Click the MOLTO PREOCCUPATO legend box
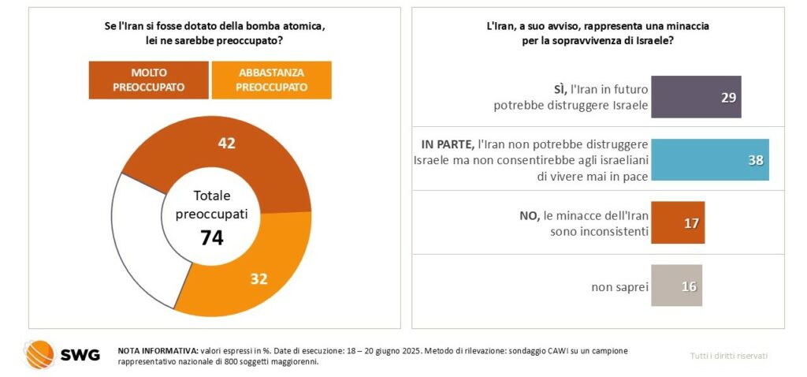pos(148,80)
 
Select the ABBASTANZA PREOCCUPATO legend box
pos(272,80)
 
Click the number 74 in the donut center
pos(210,237)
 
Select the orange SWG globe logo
pos(39,355)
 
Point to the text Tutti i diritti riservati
pos(730,356)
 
